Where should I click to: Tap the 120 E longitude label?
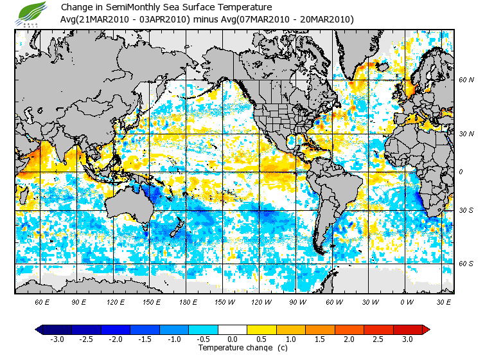115,301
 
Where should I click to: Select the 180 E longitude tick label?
188,301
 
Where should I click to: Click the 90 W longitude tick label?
297,301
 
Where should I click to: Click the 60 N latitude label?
466,80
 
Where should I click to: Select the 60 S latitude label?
466,264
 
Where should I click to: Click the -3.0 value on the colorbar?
58,339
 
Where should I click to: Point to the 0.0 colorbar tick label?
233,339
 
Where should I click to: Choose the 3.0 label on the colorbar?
407,339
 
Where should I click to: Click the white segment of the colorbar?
233,329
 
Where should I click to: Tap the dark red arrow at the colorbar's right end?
425,329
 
